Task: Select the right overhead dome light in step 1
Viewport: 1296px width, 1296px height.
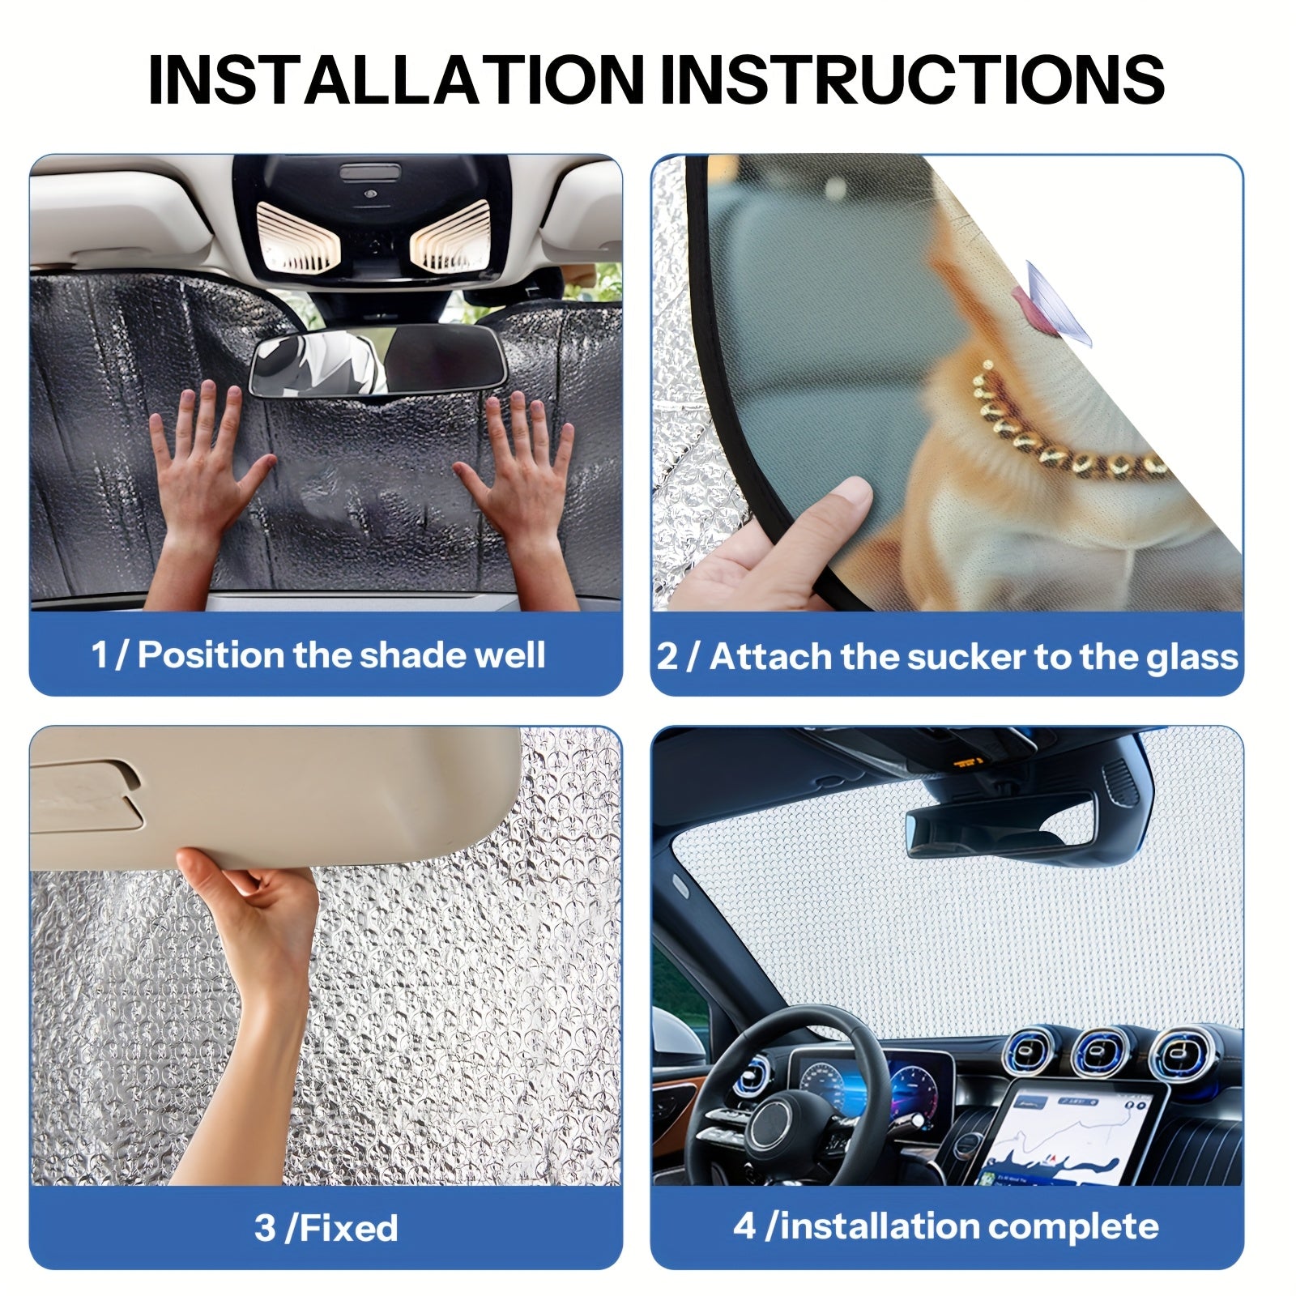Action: tap(450, 235)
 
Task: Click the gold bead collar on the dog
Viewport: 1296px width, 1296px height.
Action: tap(1069, 429)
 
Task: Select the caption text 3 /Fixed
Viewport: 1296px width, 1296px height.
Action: tap(326, 1228)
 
